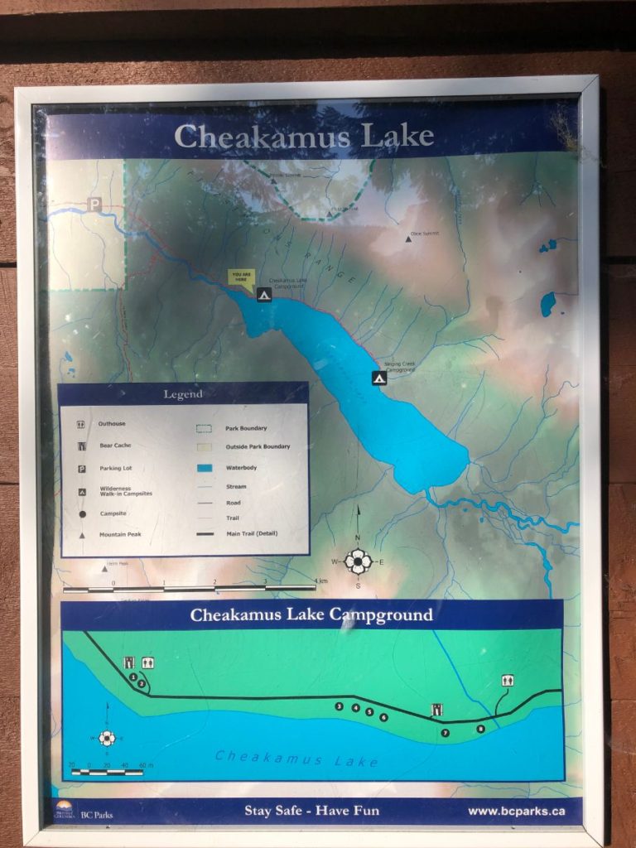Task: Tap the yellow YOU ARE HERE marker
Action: pyautogui.click(x=242, y=277)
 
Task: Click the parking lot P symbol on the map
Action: pyautogui.click(x=95, y=204)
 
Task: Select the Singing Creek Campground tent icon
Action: pyautogui.click(x=378, y=378)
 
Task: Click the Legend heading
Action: pyautogui.click(x=183, y=394)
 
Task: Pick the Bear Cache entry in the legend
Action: pyautogui.click(x=116, y=446)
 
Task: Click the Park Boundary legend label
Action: pyautogui.click(x=246, y=428)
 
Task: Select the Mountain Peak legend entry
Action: pyautogui.click(x=120, y=534)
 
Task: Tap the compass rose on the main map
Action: pyautogui.click(x=358, y=561)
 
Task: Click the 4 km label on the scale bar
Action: pyautogui.click(x=321, y=581)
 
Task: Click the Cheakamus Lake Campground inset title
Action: pyautogui.click(x=311, y=615)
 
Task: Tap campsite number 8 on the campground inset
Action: pyautogui.click(x=480, y=729)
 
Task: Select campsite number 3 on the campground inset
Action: pyautogui.click(x=339, y=706)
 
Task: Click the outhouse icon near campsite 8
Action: pyautogui.click(x=507, y=681)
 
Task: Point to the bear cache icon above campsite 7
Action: pyautogui.click(x=436, y=709)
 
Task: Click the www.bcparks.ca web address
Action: pyautogui.click(x=516, y=811)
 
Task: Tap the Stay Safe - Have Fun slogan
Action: pyautogui.click(x=311, y=811)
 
